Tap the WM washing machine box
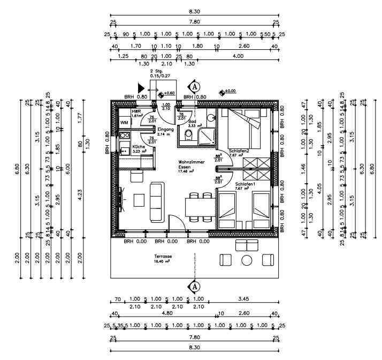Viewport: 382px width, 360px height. (124, 123)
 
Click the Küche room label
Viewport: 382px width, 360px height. (124, 146)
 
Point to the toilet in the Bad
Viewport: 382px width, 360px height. (187, 134)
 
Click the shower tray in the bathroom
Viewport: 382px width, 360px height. (205, 136)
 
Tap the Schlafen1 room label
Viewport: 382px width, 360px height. (238, 183)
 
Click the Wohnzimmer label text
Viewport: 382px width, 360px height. (190, 161)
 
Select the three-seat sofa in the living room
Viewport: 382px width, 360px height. (156, 202)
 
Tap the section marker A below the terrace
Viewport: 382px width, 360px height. (195, 286)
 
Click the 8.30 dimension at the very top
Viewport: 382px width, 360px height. (194, 11)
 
